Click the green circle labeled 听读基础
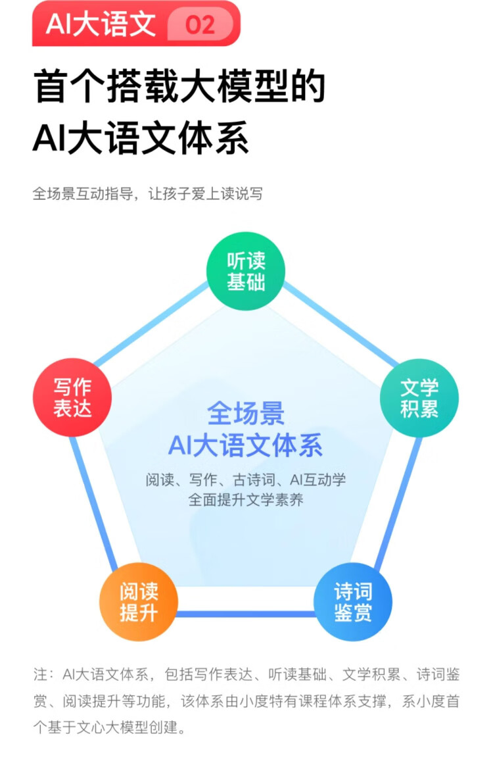(246, 270)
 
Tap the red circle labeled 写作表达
(72, 397)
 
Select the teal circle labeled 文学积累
(419, 397)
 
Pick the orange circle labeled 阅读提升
(139, 601)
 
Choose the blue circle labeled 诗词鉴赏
(353, 601)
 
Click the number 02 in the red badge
(200, 25)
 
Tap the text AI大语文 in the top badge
(101, 24)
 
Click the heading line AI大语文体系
(141, 138)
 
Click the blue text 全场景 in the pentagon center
(246, 414)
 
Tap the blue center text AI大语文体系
(246, 446)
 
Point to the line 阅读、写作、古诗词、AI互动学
(246, 480)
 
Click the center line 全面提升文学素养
(246, 500)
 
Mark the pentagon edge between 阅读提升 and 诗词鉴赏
(246, 614)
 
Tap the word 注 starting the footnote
(39, 675)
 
